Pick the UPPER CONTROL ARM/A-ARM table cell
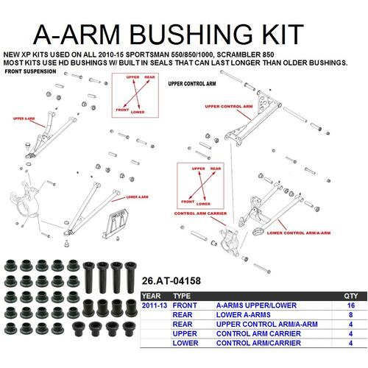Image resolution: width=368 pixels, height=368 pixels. tap(258, 323)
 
